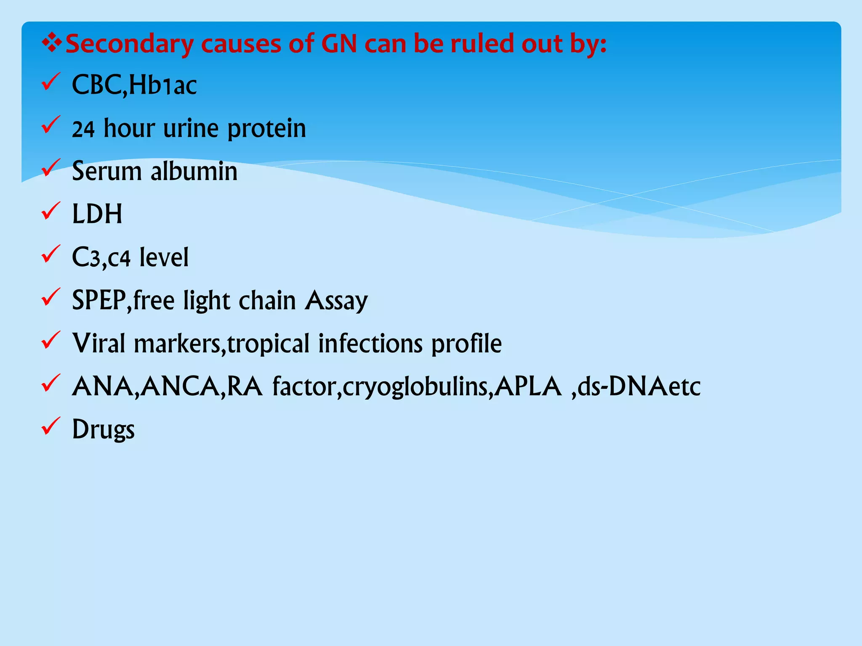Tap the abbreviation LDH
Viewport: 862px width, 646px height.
pyautogui.click(x=97, y=214)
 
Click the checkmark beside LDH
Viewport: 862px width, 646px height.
pyautogui.click(x=51, y=211)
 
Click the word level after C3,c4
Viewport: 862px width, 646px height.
pyautogui.click(x=164, y=257)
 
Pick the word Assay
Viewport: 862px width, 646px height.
pyautogui.click(x=336, y=301)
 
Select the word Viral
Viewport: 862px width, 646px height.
pyautogui.click(x=99, y=343)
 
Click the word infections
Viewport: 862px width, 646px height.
pyautogui.click(x=370, y=343)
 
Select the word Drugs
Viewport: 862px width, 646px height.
pyautogui.click(x=104, y=430)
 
